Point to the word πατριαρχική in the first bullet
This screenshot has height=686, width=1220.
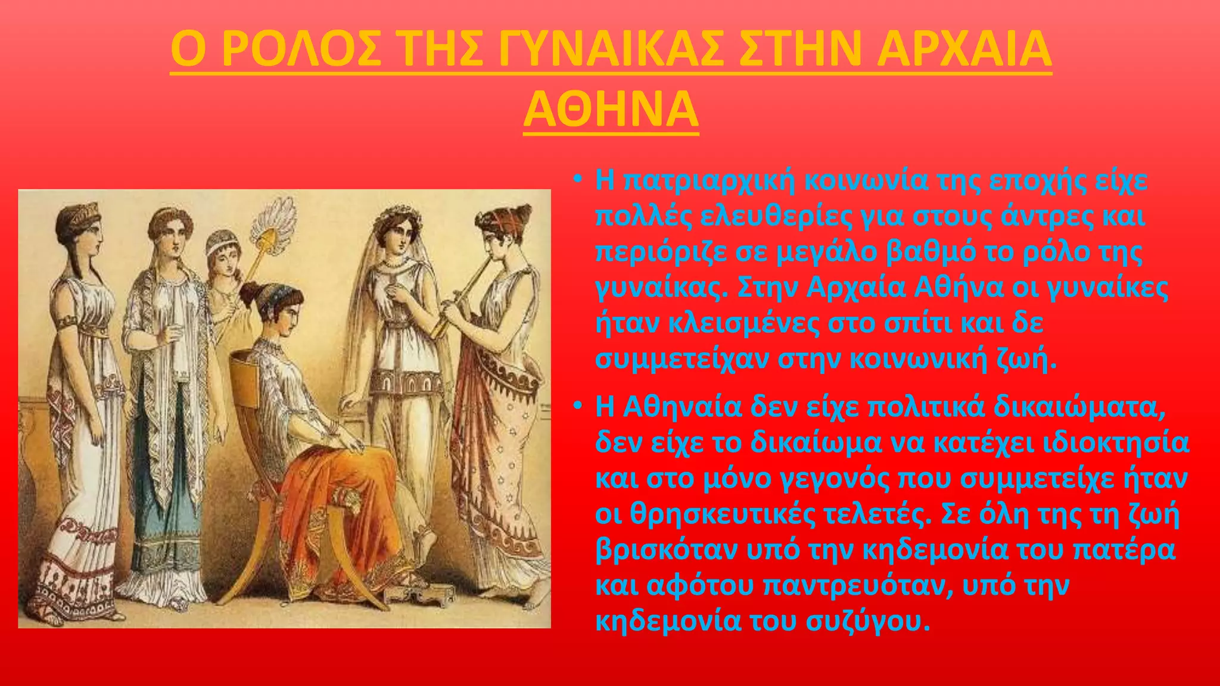[709, 181]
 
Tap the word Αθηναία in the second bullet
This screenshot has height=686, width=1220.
[679, 408]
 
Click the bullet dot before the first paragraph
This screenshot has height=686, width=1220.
[577, 179]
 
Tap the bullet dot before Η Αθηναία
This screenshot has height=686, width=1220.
[577, 406]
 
